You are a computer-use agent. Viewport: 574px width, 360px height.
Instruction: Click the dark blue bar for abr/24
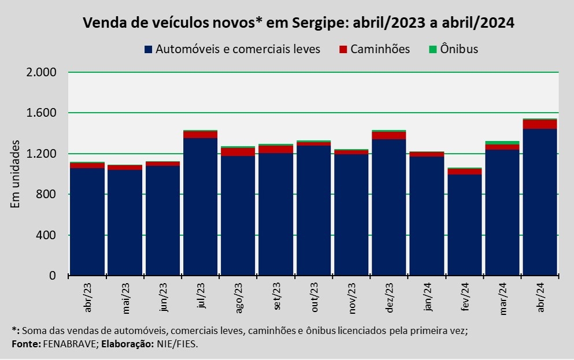click(x=540, y=202)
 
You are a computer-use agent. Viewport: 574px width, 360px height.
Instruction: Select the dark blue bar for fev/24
click(x=464, y=225)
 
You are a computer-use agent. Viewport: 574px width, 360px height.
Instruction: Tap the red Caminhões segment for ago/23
click(x=238, y=152)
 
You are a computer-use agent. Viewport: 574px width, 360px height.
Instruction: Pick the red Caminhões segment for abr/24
click(x=540, y=124)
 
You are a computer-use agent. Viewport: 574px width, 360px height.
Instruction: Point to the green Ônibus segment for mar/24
click(x=502, y=143)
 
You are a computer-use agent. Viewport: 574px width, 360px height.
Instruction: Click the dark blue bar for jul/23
click(x=200, y=207)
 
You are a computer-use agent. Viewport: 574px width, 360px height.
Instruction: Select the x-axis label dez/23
click(x=390, y=299)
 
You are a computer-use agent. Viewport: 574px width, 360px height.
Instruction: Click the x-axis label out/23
click(x=314, y=299)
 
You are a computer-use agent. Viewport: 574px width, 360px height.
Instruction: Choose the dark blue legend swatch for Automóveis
click(x=149, y=49)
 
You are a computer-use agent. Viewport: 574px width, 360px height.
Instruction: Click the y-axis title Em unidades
click(x=16, y=174)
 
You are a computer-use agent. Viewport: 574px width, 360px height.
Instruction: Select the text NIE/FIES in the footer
click(x=179, y=344)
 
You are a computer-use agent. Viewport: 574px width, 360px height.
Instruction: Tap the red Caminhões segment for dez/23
click(x=389, y=136)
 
